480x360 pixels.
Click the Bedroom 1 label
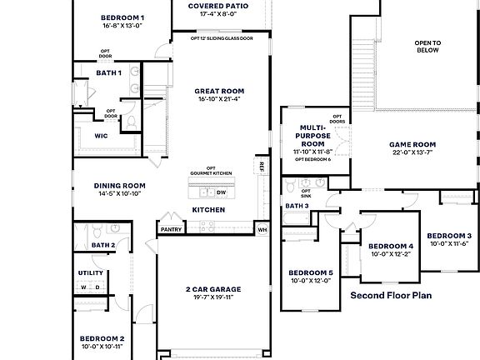point(122,17)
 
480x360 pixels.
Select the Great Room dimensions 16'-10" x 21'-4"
point(219,99)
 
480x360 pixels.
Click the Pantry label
point(172,229)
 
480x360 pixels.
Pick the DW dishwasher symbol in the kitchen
point(221,192)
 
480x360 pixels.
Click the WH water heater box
point(262,229)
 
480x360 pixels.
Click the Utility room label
point(91,272)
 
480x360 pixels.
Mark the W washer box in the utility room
point(83,287)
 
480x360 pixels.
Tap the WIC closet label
point(101,135)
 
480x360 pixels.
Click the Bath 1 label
point(108,72)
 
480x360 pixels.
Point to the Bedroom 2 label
point(102,338)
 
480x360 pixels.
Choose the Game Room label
point(412,144)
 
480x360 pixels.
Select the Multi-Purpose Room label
point(312,136)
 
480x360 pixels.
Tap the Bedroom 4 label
point(391,247)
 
